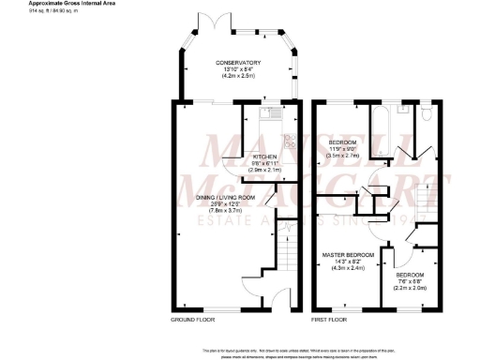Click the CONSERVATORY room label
[x=238, y=63]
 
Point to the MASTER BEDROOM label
[x=348, y=254]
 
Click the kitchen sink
[x=267, y=117]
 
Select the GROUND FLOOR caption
[x=191, y=320]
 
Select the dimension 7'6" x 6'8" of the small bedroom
[x=412, y=282]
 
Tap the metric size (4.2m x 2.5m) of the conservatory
[x=238, y=76]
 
